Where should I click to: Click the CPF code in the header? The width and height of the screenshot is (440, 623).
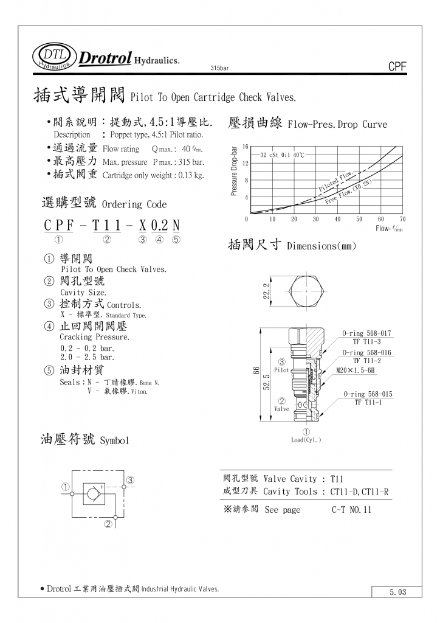(396, 68)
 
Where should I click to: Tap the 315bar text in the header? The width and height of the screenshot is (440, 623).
(219, 68)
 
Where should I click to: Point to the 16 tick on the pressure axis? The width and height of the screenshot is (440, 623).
(245, 147)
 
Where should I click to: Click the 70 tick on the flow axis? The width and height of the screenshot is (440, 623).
(402, 219)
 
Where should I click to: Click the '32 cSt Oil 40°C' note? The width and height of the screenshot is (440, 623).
(282, 155)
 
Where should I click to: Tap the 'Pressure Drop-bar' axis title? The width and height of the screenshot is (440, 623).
(235, 171)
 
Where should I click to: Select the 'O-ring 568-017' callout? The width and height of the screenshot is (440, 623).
(366, 333)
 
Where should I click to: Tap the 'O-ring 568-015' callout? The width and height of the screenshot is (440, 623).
(367, 394)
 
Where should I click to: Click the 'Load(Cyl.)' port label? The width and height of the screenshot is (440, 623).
(306, 440)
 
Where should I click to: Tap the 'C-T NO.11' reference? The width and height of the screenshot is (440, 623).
(351, 510)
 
